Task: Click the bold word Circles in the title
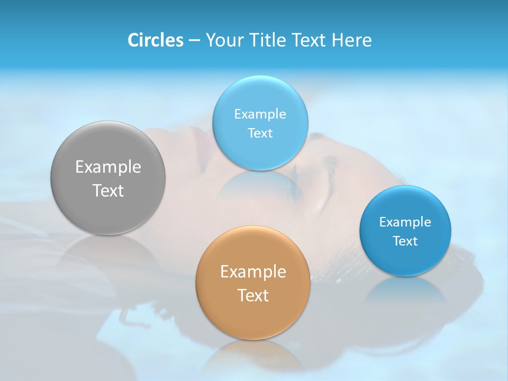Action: pos(155,40)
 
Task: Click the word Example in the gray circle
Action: pos(108,167)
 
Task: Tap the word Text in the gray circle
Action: pos(108,190)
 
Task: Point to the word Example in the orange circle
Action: pos(253,272)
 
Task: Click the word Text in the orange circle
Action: pos(253,295)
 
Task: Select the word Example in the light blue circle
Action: pos(260,114)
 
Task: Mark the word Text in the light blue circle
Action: pos(260,133)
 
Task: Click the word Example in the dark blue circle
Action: pos(405,222)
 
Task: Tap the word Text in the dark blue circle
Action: pos(405,241)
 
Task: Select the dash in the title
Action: pos(194,41)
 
